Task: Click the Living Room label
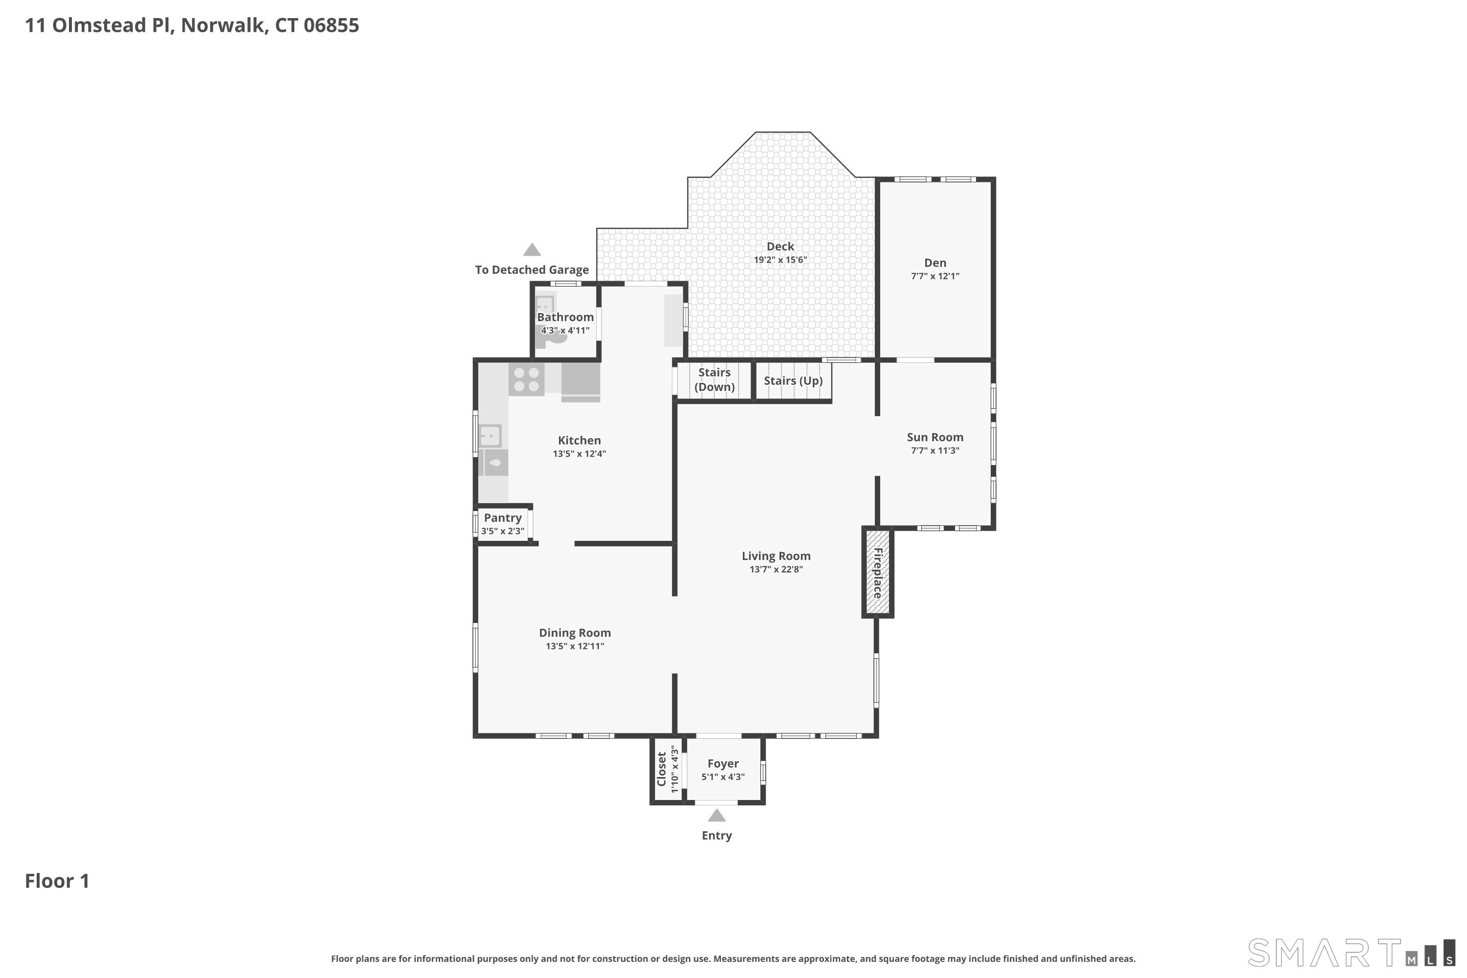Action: [776, 556]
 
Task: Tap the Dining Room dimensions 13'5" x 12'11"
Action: [575, 646]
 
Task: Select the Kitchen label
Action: [579, 441]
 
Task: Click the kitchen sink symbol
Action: [490, 435]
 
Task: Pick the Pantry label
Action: [503, 518]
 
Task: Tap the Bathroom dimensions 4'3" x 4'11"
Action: [565, 331]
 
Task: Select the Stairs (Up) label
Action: [793, 381]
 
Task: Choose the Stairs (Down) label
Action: [714, 379]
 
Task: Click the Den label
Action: [935, 263]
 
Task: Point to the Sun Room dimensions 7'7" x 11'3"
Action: [935, 451]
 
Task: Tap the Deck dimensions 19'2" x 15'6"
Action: [780, 260]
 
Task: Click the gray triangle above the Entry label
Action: [717, 816]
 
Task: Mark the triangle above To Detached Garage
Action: [532, 250]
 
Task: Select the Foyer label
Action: [723, 763]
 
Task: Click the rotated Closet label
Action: [662, 769]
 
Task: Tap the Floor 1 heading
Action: [57, 881]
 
